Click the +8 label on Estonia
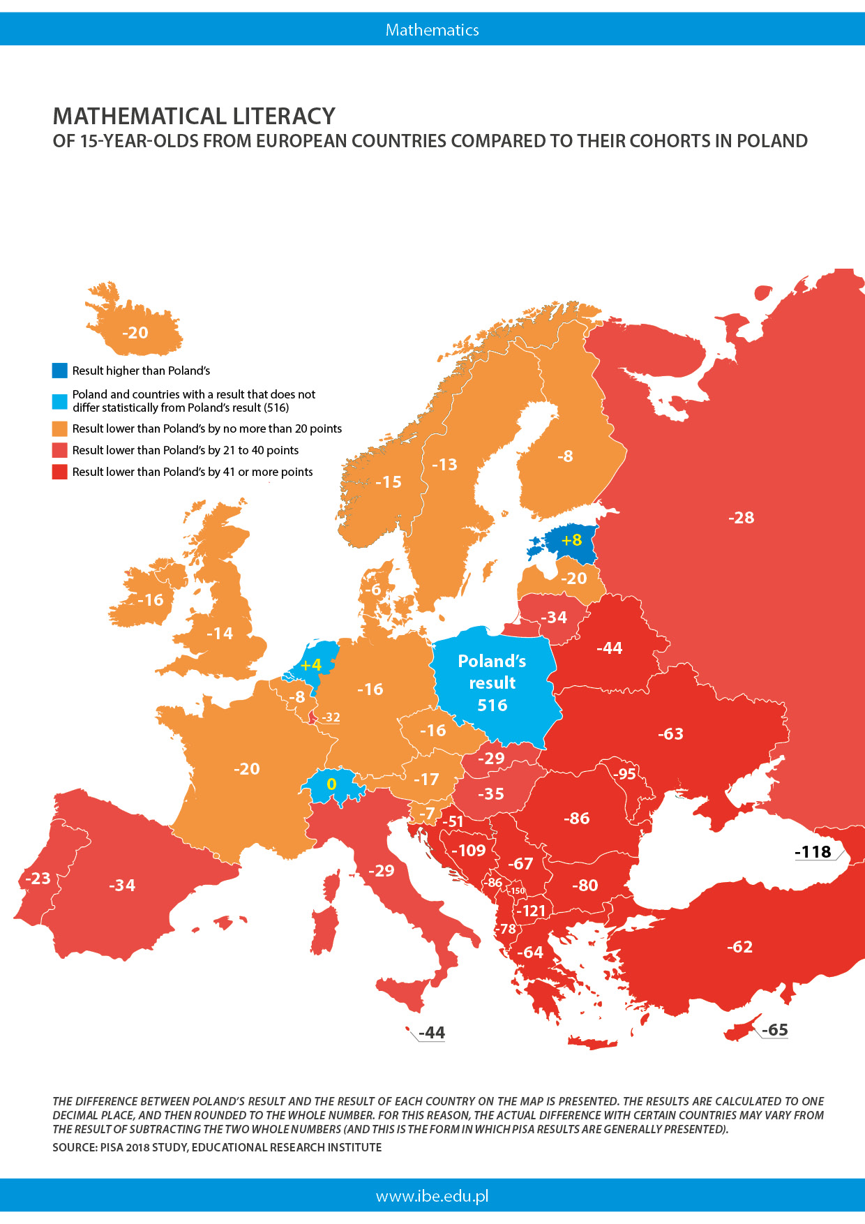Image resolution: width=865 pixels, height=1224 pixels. pyautogui.click(x=571, y=540)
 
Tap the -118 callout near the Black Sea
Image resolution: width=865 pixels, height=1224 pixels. pyautogui.click(x=813, y=852)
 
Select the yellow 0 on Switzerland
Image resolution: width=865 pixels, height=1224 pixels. pyautogui.click(x=331, y=784)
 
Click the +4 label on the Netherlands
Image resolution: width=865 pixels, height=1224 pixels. pyautogui.click(x=310, y=665)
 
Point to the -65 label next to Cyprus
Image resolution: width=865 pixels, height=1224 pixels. pyautogui.click(x=774, y=1030)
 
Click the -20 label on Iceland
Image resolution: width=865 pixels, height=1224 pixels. pyautogui.click(x=135, y=333)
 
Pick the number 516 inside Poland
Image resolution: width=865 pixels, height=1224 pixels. pyautogui.click(x=492, y=706)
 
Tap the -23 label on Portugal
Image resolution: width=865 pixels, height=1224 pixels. pyautogui.click(x=38, y=878)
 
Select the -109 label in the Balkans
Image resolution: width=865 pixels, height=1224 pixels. pyautogui.click(x=469, y=851)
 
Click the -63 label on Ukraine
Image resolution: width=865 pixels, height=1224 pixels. pyautogui.click(x=670, y=734)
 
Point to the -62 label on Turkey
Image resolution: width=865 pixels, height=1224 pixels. pyautogui.click(x=739, y=947)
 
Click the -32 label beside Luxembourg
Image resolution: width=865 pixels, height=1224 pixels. pyautogui.click(x=331, y=717)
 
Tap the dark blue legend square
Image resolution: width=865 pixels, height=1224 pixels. pyautogui.click(x=60, y=371)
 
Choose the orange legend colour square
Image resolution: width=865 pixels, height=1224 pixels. pyautogui.click(x=60, y=428)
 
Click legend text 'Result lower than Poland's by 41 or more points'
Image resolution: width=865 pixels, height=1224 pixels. pyautogui.click(x=193, y=472)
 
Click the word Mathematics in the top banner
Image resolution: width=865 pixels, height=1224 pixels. pyautogui.click(x=432, y=30)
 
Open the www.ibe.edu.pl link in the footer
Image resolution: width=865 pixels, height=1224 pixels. pyautogui.click(x=432, y=1196)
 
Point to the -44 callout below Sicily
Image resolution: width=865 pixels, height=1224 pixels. pyautogui.click(x=432, y=1033)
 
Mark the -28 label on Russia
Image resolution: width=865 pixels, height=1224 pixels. pyautogui.click(x=741, y=518)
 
